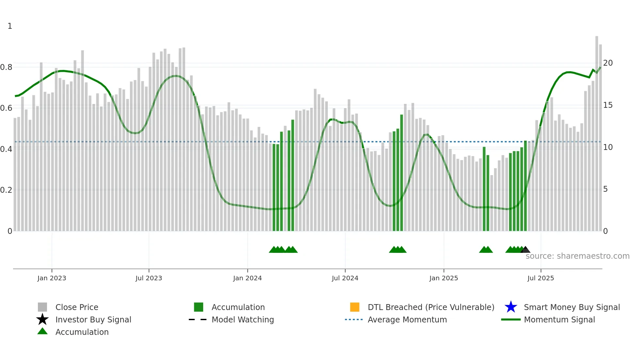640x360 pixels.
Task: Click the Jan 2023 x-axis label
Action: point(52,278)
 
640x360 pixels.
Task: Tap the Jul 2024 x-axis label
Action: point(345,278)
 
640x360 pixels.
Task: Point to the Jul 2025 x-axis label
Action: point(540,278)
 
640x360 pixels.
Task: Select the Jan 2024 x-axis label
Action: point(247,278)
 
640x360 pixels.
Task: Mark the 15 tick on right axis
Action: point(607,105)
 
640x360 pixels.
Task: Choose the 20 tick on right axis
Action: point(607,63)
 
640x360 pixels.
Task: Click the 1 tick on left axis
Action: point(10,26)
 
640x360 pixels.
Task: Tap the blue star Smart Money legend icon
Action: point(511,307)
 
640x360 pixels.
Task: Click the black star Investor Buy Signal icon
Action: point(42,319)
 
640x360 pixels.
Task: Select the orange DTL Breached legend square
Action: point(355,307)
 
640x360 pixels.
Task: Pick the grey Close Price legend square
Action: point(42,307)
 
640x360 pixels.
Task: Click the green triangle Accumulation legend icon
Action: point(42,332)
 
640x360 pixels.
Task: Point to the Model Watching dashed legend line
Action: point(198,319)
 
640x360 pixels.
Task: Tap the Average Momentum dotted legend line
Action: point(354,319)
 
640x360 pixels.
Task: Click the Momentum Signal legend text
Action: point(559,319)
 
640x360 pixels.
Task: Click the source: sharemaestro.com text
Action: point(577,256)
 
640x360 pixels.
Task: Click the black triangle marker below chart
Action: point(525,250)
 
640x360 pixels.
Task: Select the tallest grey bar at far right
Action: point(597,131)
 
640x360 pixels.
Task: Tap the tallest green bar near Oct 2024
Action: point(401,173)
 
